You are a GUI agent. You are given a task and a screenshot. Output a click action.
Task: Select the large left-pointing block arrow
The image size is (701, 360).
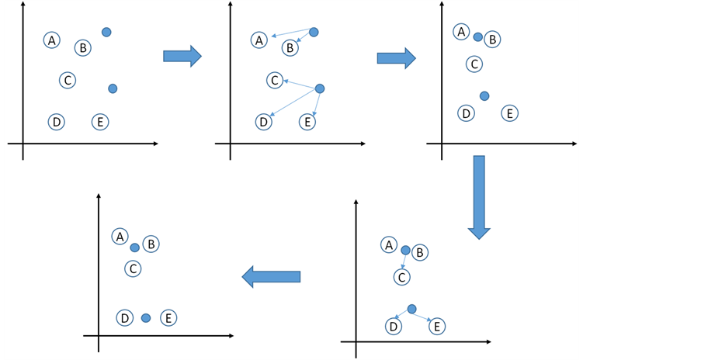coord(271,276)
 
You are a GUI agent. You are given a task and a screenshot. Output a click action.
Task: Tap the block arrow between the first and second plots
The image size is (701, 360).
coord(182,55)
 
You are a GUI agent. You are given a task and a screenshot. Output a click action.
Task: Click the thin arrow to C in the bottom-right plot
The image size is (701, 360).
coord(404,261)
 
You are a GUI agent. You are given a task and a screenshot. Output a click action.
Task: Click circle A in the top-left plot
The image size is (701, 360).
coord(52,40)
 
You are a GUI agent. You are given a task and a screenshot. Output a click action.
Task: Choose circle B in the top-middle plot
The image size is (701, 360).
coord(290,48)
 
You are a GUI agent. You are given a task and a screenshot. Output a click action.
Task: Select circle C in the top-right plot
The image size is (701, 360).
coord(474,64)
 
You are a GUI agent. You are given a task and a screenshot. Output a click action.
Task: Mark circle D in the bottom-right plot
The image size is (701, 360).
coord(394,326)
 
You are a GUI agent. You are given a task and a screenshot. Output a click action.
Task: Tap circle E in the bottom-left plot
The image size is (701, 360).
coord(168,317)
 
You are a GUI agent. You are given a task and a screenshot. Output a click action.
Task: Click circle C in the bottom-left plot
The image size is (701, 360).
coord(134,268)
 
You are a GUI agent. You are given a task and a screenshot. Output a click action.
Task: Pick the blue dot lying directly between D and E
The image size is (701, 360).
coord(146,317)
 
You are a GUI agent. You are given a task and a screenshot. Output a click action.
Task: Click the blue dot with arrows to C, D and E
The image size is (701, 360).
coord(319,88)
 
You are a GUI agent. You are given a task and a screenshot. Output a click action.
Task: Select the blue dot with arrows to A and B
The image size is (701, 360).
coord(314,32)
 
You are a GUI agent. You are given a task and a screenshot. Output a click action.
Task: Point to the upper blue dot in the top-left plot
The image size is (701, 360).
coord(106,32)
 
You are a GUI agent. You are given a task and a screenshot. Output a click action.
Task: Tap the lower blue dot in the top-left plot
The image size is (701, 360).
coord(113,88)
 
